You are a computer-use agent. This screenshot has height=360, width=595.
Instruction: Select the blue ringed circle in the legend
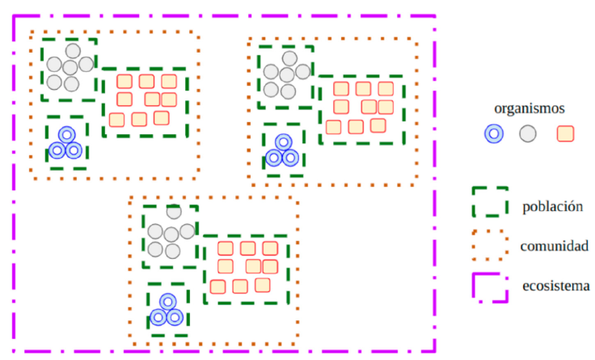494,134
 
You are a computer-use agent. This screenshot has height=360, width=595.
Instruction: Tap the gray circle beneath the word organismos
529,134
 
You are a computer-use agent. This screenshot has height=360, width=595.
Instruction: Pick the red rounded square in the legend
565,134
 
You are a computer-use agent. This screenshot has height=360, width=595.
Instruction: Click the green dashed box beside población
490,202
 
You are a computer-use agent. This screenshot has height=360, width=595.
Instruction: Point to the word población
553,206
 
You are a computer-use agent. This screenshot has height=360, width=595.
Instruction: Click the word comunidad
555,245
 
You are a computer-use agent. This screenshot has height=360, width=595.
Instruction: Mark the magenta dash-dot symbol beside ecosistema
490,286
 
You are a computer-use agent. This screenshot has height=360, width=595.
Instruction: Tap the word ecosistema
556,286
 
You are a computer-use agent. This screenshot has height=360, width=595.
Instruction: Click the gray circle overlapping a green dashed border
173,213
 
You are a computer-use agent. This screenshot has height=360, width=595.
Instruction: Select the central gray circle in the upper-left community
71,67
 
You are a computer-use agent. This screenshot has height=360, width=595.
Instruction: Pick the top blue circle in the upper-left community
67,135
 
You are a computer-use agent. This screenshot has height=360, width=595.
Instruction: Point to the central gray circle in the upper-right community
286,74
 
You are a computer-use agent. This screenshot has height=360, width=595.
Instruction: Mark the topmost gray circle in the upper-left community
73,51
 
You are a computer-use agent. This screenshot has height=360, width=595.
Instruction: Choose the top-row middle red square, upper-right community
363,89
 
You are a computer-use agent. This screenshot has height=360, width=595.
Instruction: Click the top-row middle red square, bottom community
247,248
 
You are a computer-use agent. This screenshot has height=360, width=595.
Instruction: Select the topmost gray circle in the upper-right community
288,58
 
